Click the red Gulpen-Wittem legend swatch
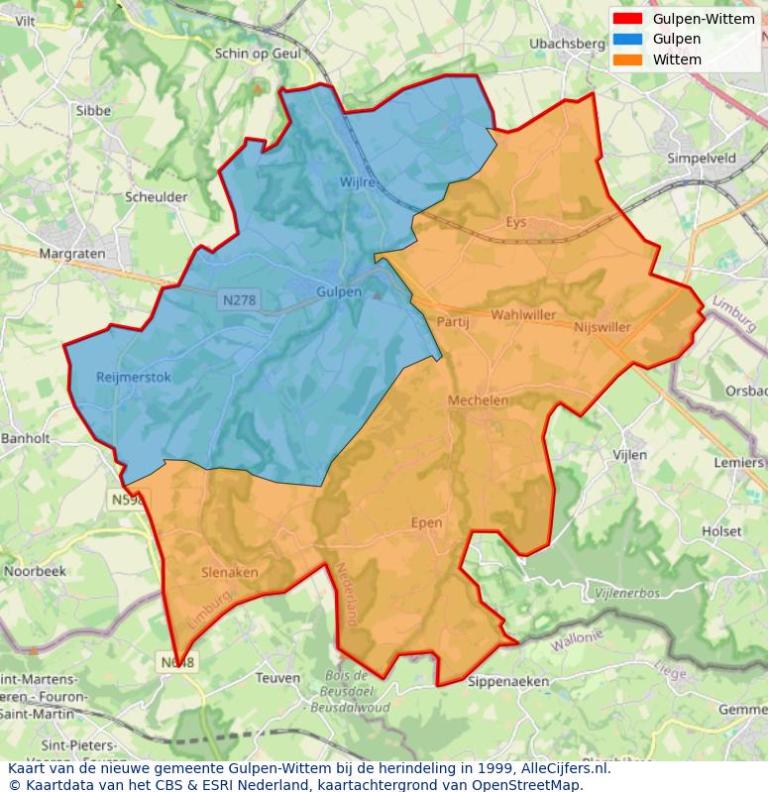click(x=627, y=19)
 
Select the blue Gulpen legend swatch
click(x=627, y=39)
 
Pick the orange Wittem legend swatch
click(x=627, y=59)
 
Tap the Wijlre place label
click(x=358, y=183)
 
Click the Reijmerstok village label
click(x=134, y=377)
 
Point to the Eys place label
click(x=516, y=222)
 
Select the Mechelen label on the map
click(x=478, y=400)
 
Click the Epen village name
click(x=426, y=522)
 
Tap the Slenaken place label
click(x=229, y=572)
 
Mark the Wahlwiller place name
click(x=524, y=315)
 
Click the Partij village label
click(x=452, y=321)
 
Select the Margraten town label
click(x=71, y=254)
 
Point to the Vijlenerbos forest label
click(x=626, y=592)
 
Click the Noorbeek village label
click(x=35, y=572)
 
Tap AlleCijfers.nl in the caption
click(x=565, y=768)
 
